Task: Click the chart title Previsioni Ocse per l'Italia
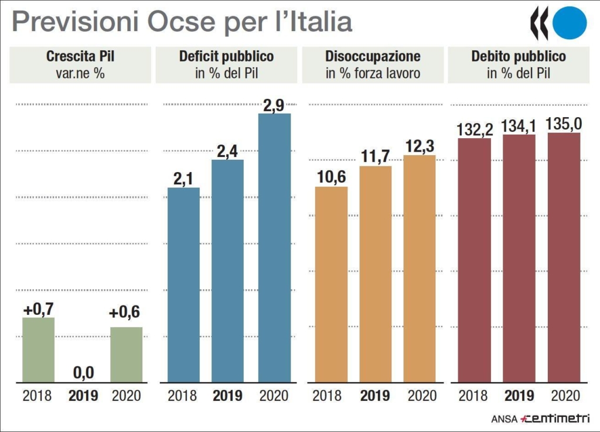point(182,22)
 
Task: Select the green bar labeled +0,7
point(38,350)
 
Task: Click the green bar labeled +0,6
point(126,355)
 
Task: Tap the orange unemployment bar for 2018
point(331,284)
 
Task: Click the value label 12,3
point(420,146)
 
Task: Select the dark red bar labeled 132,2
point(474,260)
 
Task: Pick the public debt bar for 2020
point(564,258)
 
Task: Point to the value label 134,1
point(519,126)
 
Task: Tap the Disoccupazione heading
point(373,57)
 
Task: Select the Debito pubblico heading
point(519,57)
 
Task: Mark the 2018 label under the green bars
point(37,396)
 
